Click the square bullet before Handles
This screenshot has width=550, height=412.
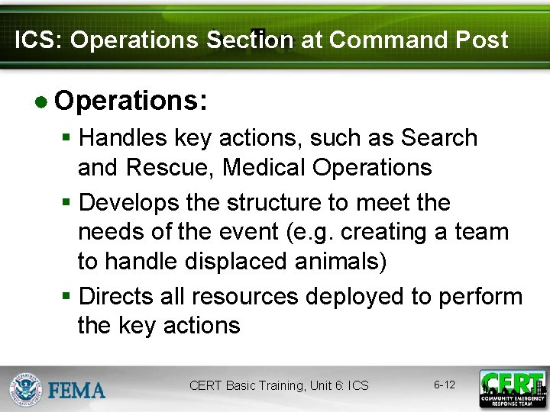(x=67, y=139)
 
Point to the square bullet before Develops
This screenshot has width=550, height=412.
(x=67, y=204)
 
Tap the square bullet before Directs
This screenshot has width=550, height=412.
(x=67, y=297)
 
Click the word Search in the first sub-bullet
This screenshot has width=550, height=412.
(x=439, y=138)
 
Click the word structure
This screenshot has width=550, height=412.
(x=248, y=203)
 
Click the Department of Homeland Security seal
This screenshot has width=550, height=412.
(x=25, y=388)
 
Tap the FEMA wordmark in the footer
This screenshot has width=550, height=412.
(x=77, y=391)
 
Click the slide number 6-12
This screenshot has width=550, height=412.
(x=445, y=385)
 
